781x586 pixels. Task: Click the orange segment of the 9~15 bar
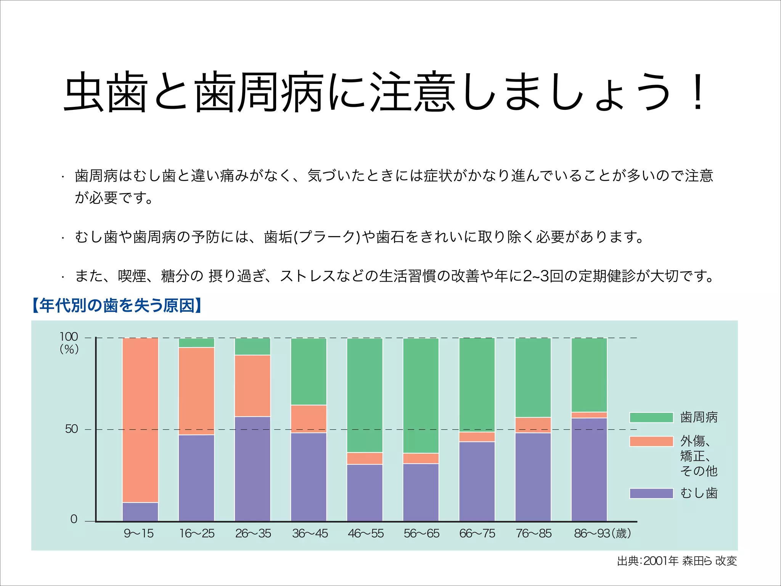point(140,420)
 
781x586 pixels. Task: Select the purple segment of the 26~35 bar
point(252,468)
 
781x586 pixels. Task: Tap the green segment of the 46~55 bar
point(365,395)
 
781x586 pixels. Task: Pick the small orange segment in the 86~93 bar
point(589,415)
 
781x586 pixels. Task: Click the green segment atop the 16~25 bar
point(196,343)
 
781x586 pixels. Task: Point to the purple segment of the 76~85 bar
point(533,477)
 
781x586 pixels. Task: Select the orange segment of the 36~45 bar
point(309,419)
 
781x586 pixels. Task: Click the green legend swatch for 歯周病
point(651,417)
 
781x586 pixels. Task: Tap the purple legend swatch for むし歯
point(651,493)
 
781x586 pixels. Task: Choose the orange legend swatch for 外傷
point(651,441)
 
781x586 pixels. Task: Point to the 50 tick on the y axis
point(71,429)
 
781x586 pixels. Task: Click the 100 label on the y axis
point(69,337)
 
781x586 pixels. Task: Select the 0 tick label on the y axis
point(74,519)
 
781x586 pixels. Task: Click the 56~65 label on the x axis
point(421,533)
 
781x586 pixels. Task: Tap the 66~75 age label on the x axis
point(477,533)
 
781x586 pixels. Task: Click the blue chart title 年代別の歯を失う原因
point(117,306)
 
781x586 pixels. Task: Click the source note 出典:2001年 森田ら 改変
point(677,561)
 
